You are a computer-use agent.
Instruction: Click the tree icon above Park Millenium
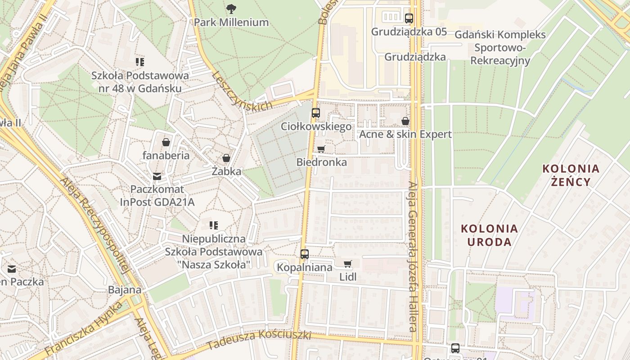point(231,9)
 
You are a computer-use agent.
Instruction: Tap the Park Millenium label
point(231,22)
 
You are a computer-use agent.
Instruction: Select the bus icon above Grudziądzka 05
point(409,18)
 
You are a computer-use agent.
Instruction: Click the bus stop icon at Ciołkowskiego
point(316,113)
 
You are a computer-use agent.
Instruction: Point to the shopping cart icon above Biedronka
point(321,149)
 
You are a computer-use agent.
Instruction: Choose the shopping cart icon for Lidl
point(347,264)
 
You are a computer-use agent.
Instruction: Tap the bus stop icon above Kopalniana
point(305,254)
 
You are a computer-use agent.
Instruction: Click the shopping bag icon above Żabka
point(226,158)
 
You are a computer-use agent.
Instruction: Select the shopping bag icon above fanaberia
point(166,142)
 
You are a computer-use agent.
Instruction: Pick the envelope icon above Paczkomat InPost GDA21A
point(157,176)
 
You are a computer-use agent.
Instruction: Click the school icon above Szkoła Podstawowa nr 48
point(140,62)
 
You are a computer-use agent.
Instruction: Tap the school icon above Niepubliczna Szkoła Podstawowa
point(214,225)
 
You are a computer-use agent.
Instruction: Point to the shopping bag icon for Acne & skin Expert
point(405,121)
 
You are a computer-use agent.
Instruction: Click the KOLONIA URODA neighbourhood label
point(489,235)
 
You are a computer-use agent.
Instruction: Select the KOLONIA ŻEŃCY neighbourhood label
point(571,175)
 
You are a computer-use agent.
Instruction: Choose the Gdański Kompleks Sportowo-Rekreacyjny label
point(500,47)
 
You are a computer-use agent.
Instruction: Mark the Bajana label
point(125,290)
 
